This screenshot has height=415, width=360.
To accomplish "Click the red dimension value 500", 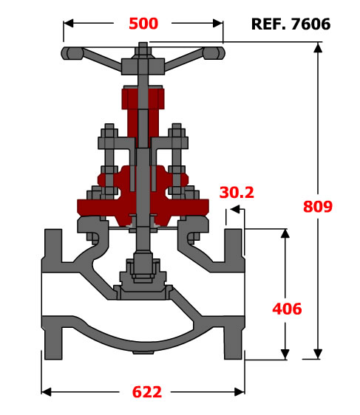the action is point(143,24).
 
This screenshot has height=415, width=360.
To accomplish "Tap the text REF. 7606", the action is point(291,24).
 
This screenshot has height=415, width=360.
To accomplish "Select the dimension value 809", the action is point(318,207).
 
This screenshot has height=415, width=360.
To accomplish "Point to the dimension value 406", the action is point(287,309).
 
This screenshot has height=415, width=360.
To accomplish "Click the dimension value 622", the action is point(147,392).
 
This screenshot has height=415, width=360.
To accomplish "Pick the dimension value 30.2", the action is point(237,193).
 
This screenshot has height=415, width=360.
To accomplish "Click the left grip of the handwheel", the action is point(72,53).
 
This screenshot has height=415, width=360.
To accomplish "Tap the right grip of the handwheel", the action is point(214,53).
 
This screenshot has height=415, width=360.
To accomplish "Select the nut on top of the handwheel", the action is point(143,51).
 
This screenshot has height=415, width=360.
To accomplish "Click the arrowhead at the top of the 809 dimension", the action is point(318,48).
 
